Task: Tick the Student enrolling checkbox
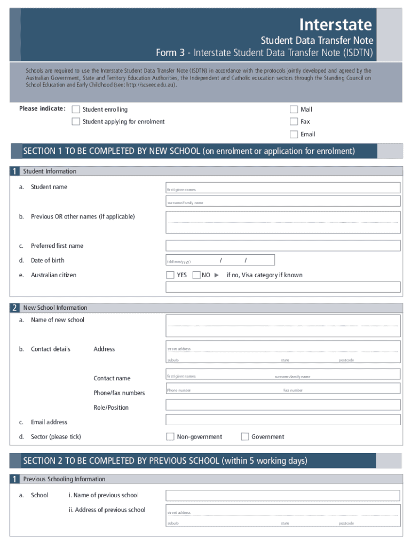tap(76, 110)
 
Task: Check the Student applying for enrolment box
tap(76, 122)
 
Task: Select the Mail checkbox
tap(294, 110)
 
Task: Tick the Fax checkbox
tap(294, 122)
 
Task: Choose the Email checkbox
tap(294, 134)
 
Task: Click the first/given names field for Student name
tap(283, 187)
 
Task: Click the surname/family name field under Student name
tap(283, 201)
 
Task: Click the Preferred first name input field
tap(283, 246)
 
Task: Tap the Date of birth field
tap(220, 260)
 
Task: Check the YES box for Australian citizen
tap(170, 275)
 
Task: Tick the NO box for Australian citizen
tap(196, 275)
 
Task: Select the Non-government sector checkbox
tap(170, 436)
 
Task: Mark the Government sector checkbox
tap(245, 436)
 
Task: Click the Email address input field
tap(283, 420)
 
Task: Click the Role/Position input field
tap(283, 405)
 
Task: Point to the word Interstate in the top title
tap(335, 25)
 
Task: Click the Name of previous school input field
tap(283, 495)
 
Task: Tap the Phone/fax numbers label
tap(119, 393)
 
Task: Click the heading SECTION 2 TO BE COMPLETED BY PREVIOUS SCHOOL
tap(165, 460)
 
